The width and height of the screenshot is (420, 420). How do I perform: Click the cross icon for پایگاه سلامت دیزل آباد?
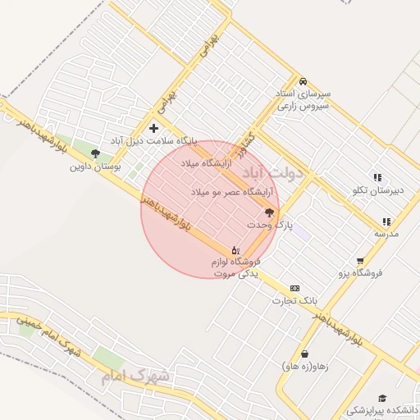coord(154,128)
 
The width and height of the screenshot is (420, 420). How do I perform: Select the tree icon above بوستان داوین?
coord(95,153)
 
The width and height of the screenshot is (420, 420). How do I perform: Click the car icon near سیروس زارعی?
coord(304,82)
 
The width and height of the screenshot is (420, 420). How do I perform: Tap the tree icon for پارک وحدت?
coord(269,212)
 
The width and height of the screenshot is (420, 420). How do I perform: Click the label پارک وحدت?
coord(269,224)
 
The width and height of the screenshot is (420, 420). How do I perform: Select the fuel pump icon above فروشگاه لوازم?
coord(235,249)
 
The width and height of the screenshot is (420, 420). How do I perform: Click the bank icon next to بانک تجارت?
coord(294,288)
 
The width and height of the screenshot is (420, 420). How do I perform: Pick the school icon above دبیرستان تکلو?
coord(377,177)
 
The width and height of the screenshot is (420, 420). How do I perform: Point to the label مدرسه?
coord(386,234)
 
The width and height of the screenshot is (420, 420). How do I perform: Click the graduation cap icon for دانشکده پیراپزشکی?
coord(382,398)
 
